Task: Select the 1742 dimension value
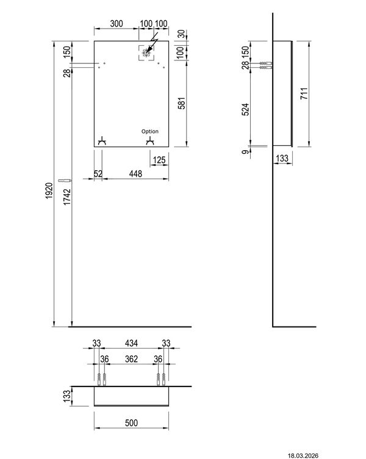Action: [x=68, y=199]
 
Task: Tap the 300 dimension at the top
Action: [x=116, y=24]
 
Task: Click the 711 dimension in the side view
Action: [x=304, y=94]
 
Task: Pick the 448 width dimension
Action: [x=135, y=174]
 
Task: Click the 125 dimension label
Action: [x=159, y=160]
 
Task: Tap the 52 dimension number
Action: [x=98, y=174]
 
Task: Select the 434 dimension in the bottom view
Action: [x=131, y=344]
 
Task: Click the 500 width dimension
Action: [x=131, y=423]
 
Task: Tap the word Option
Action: [x=150, y=131]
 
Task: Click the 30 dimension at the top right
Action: [x=181, y=34]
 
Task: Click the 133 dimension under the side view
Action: [x=281, y=159]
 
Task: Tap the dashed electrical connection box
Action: [x=146, y=54]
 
